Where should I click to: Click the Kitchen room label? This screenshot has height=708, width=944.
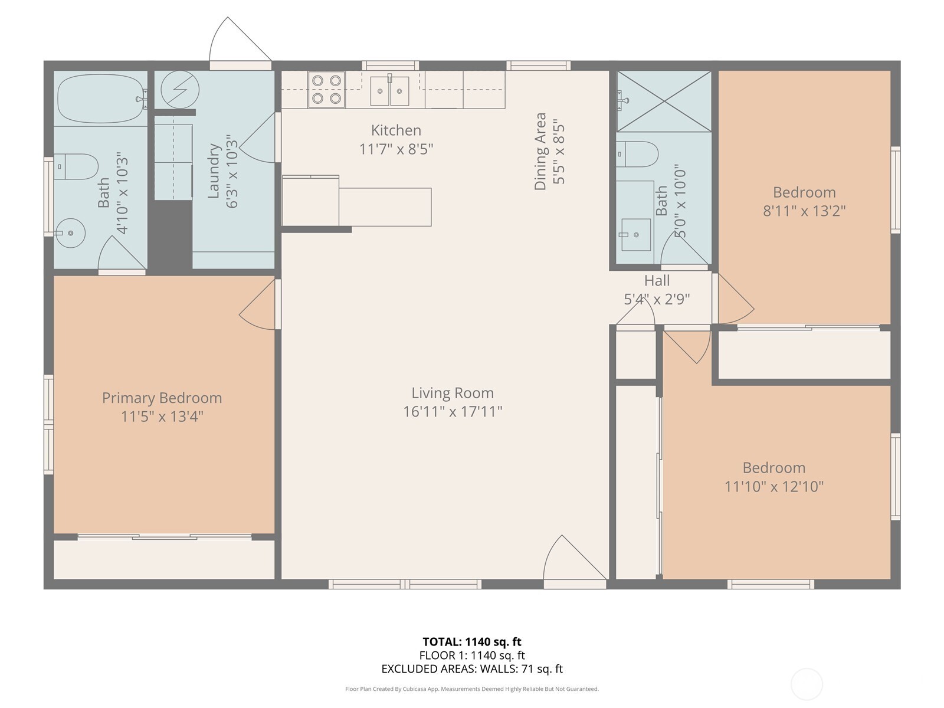396,130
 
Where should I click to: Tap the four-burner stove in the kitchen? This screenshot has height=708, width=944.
326,89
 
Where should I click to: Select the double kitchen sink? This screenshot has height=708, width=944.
389,91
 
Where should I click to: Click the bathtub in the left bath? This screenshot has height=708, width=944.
101,98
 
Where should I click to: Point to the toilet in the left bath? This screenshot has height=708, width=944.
77,167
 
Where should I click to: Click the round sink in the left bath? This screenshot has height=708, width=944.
70,232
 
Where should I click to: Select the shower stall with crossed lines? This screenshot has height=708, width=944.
664,101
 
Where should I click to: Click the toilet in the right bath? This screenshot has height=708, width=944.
638,155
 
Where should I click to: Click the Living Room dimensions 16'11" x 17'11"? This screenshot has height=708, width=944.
453,411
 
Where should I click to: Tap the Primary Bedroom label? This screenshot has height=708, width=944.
162,398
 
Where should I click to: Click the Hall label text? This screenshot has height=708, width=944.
657,281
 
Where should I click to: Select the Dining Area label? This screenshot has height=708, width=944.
540,152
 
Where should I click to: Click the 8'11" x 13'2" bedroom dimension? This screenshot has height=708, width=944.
804,211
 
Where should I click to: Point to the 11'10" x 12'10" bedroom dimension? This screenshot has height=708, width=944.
773,486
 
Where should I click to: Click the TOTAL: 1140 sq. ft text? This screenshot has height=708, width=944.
471,641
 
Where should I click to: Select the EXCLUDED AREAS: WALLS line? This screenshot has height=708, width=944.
471,668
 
